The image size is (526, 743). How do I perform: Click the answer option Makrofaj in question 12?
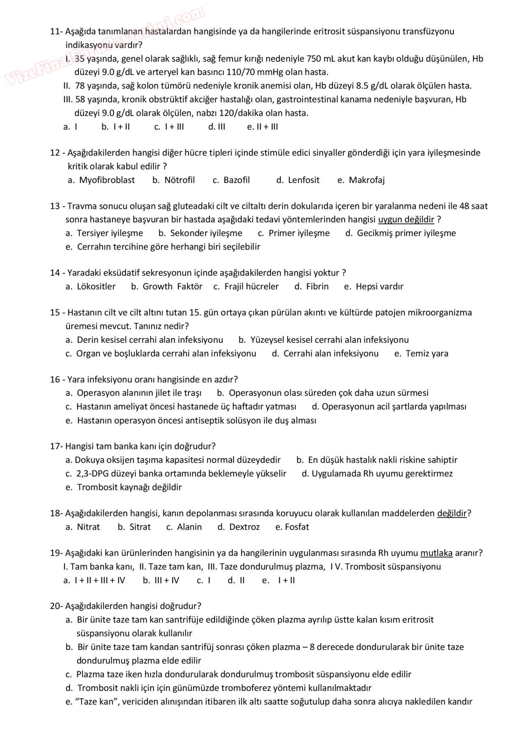(x=367, y=180)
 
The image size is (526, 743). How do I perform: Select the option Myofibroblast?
(x=107, y=180)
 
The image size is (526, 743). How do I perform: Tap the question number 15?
(x=55, y=313)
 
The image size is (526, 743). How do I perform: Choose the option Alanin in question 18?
(x=189, y=527)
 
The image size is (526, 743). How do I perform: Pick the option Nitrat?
(x=88, y=527)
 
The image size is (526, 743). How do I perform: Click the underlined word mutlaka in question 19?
(x=436, y=553)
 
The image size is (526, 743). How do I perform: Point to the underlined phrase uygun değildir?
(x=406, y=219)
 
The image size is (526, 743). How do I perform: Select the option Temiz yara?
(x=427, y=354)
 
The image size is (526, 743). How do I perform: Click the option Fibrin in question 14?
(x=317, y=287)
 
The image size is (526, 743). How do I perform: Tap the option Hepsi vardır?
(x=379, y=287)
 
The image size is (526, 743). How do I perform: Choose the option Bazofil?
(x=237, y=180)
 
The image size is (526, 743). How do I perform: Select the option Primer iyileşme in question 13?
(x=299, y=233)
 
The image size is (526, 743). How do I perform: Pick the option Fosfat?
(x=297, y=527)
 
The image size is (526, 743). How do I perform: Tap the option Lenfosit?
(x=304, y=180)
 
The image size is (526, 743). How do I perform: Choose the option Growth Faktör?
(x=172, y=287)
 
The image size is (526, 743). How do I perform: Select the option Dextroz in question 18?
(x=244, y=527)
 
